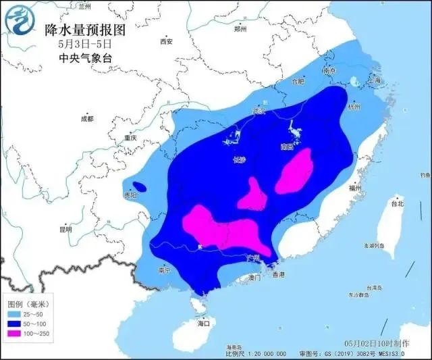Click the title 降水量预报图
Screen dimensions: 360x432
click(x=84, y=30)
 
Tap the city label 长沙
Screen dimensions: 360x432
click(x=240, y=160)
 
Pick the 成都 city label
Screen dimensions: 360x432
click(x=87, y=118)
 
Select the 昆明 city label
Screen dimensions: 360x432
click(x=65, y=229)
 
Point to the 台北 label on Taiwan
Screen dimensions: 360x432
click(x=397, y=203)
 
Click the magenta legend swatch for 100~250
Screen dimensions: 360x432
click(x=13, y=334)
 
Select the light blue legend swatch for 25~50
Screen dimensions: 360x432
click(x=13, y=315)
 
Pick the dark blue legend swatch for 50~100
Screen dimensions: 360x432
click(x=13, y=324)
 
